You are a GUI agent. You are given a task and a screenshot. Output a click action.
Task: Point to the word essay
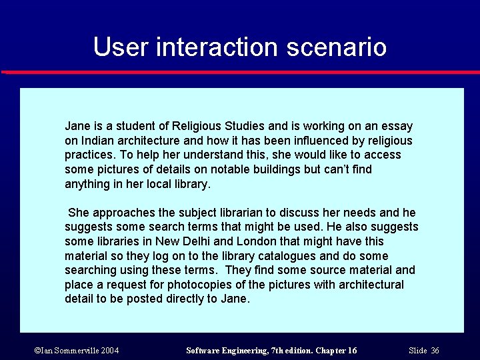[x=397, y=126]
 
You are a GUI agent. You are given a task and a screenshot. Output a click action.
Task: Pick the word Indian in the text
[x=95, y=141]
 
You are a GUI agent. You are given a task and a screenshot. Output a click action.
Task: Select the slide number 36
[x=435, y=351]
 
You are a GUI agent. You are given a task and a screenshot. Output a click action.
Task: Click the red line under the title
[x=240, y=72]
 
